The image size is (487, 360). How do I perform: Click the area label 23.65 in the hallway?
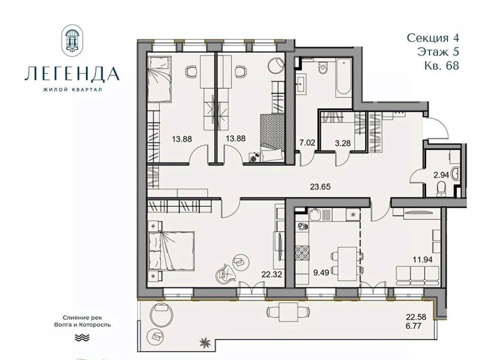coord(320,187)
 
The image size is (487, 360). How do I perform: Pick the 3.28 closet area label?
coord(343,143)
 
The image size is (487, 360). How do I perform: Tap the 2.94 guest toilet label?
coord(441,175)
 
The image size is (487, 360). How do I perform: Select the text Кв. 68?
coord(441,65)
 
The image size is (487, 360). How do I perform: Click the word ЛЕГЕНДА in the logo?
coord(72,74)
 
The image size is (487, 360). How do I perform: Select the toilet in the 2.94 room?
coord(441,189)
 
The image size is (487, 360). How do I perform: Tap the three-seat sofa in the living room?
coord(418,276)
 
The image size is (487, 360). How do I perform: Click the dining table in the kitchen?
coord(347,261)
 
